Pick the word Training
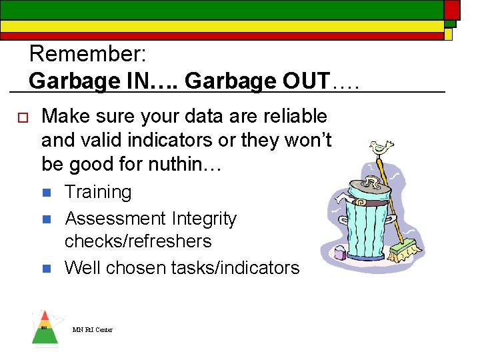point(98,192)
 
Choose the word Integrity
point(204,218)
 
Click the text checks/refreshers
point(137,241)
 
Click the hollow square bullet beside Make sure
point(21,118)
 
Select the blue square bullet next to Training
point(46,193)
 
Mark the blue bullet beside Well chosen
point(46,269)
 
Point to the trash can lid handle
point(371,182)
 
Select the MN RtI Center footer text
point(93,329)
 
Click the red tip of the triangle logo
point(44,315)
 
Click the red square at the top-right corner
point(452,9)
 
